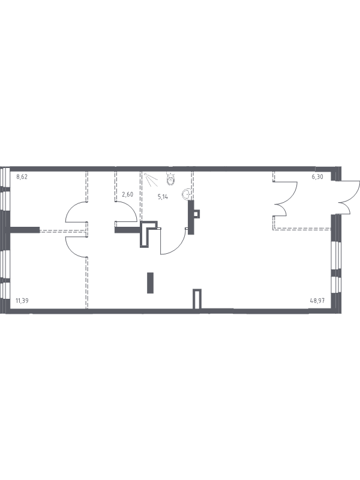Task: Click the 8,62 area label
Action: click(22, 176)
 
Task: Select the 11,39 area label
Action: click(22, 301)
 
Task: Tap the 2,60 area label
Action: click(127, 194)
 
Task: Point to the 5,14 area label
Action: click(163, 197)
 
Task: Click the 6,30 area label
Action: click(317, 176)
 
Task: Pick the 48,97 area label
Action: click(317, 301)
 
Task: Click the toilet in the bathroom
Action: click(170, 179)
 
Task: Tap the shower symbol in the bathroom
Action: click(151, 179)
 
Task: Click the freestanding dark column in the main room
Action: click(150, 283)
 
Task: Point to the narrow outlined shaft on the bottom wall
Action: click(197, 299)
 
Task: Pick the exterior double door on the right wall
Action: click(352, 196)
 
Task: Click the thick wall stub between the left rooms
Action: click(25, 230)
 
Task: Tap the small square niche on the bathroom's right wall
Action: click(197, 214)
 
